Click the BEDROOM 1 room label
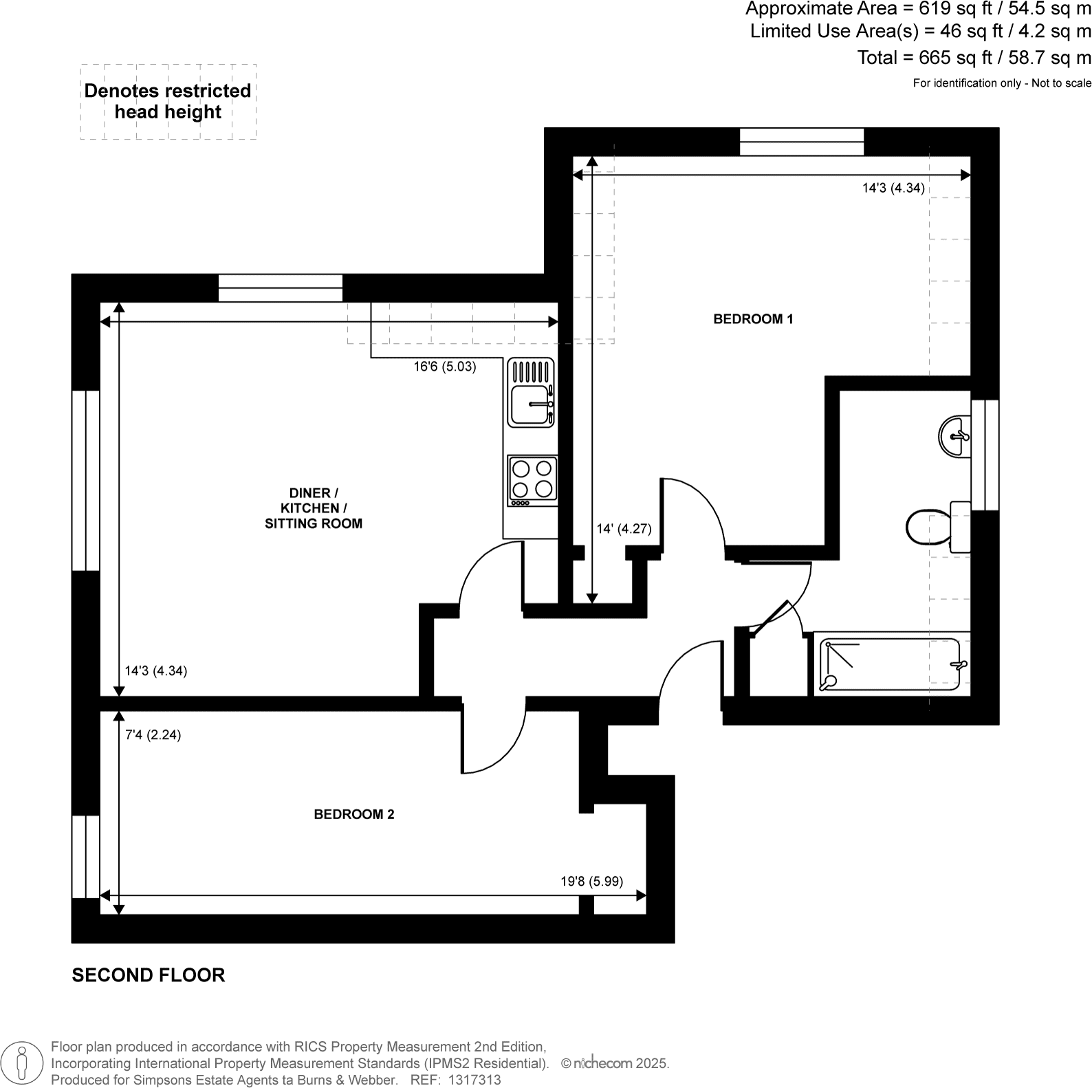pos(753,319)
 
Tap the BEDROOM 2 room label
pos(353,814)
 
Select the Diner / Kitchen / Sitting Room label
pos(314,508)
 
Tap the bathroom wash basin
pos(954,435)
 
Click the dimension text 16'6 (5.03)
pos(444,367)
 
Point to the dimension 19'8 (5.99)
pos(591,881)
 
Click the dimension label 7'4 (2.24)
pos(153,735)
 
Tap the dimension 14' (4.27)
pos(624,529)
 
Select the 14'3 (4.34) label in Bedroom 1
pos(893,188)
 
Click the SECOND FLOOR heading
pos(149,975)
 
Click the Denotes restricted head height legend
pos(168,102)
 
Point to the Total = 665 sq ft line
pos(974,58)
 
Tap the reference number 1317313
pos(474,1080)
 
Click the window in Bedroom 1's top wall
pos(801,142)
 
